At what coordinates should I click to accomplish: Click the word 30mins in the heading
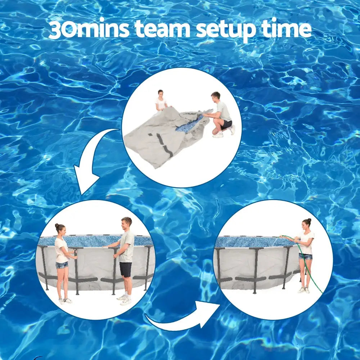[x=88, y=30]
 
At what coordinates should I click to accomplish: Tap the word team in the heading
[x=163, y=30]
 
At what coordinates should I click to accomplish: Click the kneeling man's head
[x=215, y=96]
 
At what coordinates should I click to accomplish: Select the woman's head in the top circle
[x=161, y=94]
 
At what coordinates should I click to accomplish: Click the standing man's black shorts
[x=126, y=269]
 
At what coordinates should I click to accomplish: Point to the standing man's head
[x=126, y=222]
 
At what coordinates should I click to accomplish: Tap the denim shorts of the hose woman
[x=305, y=256]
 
